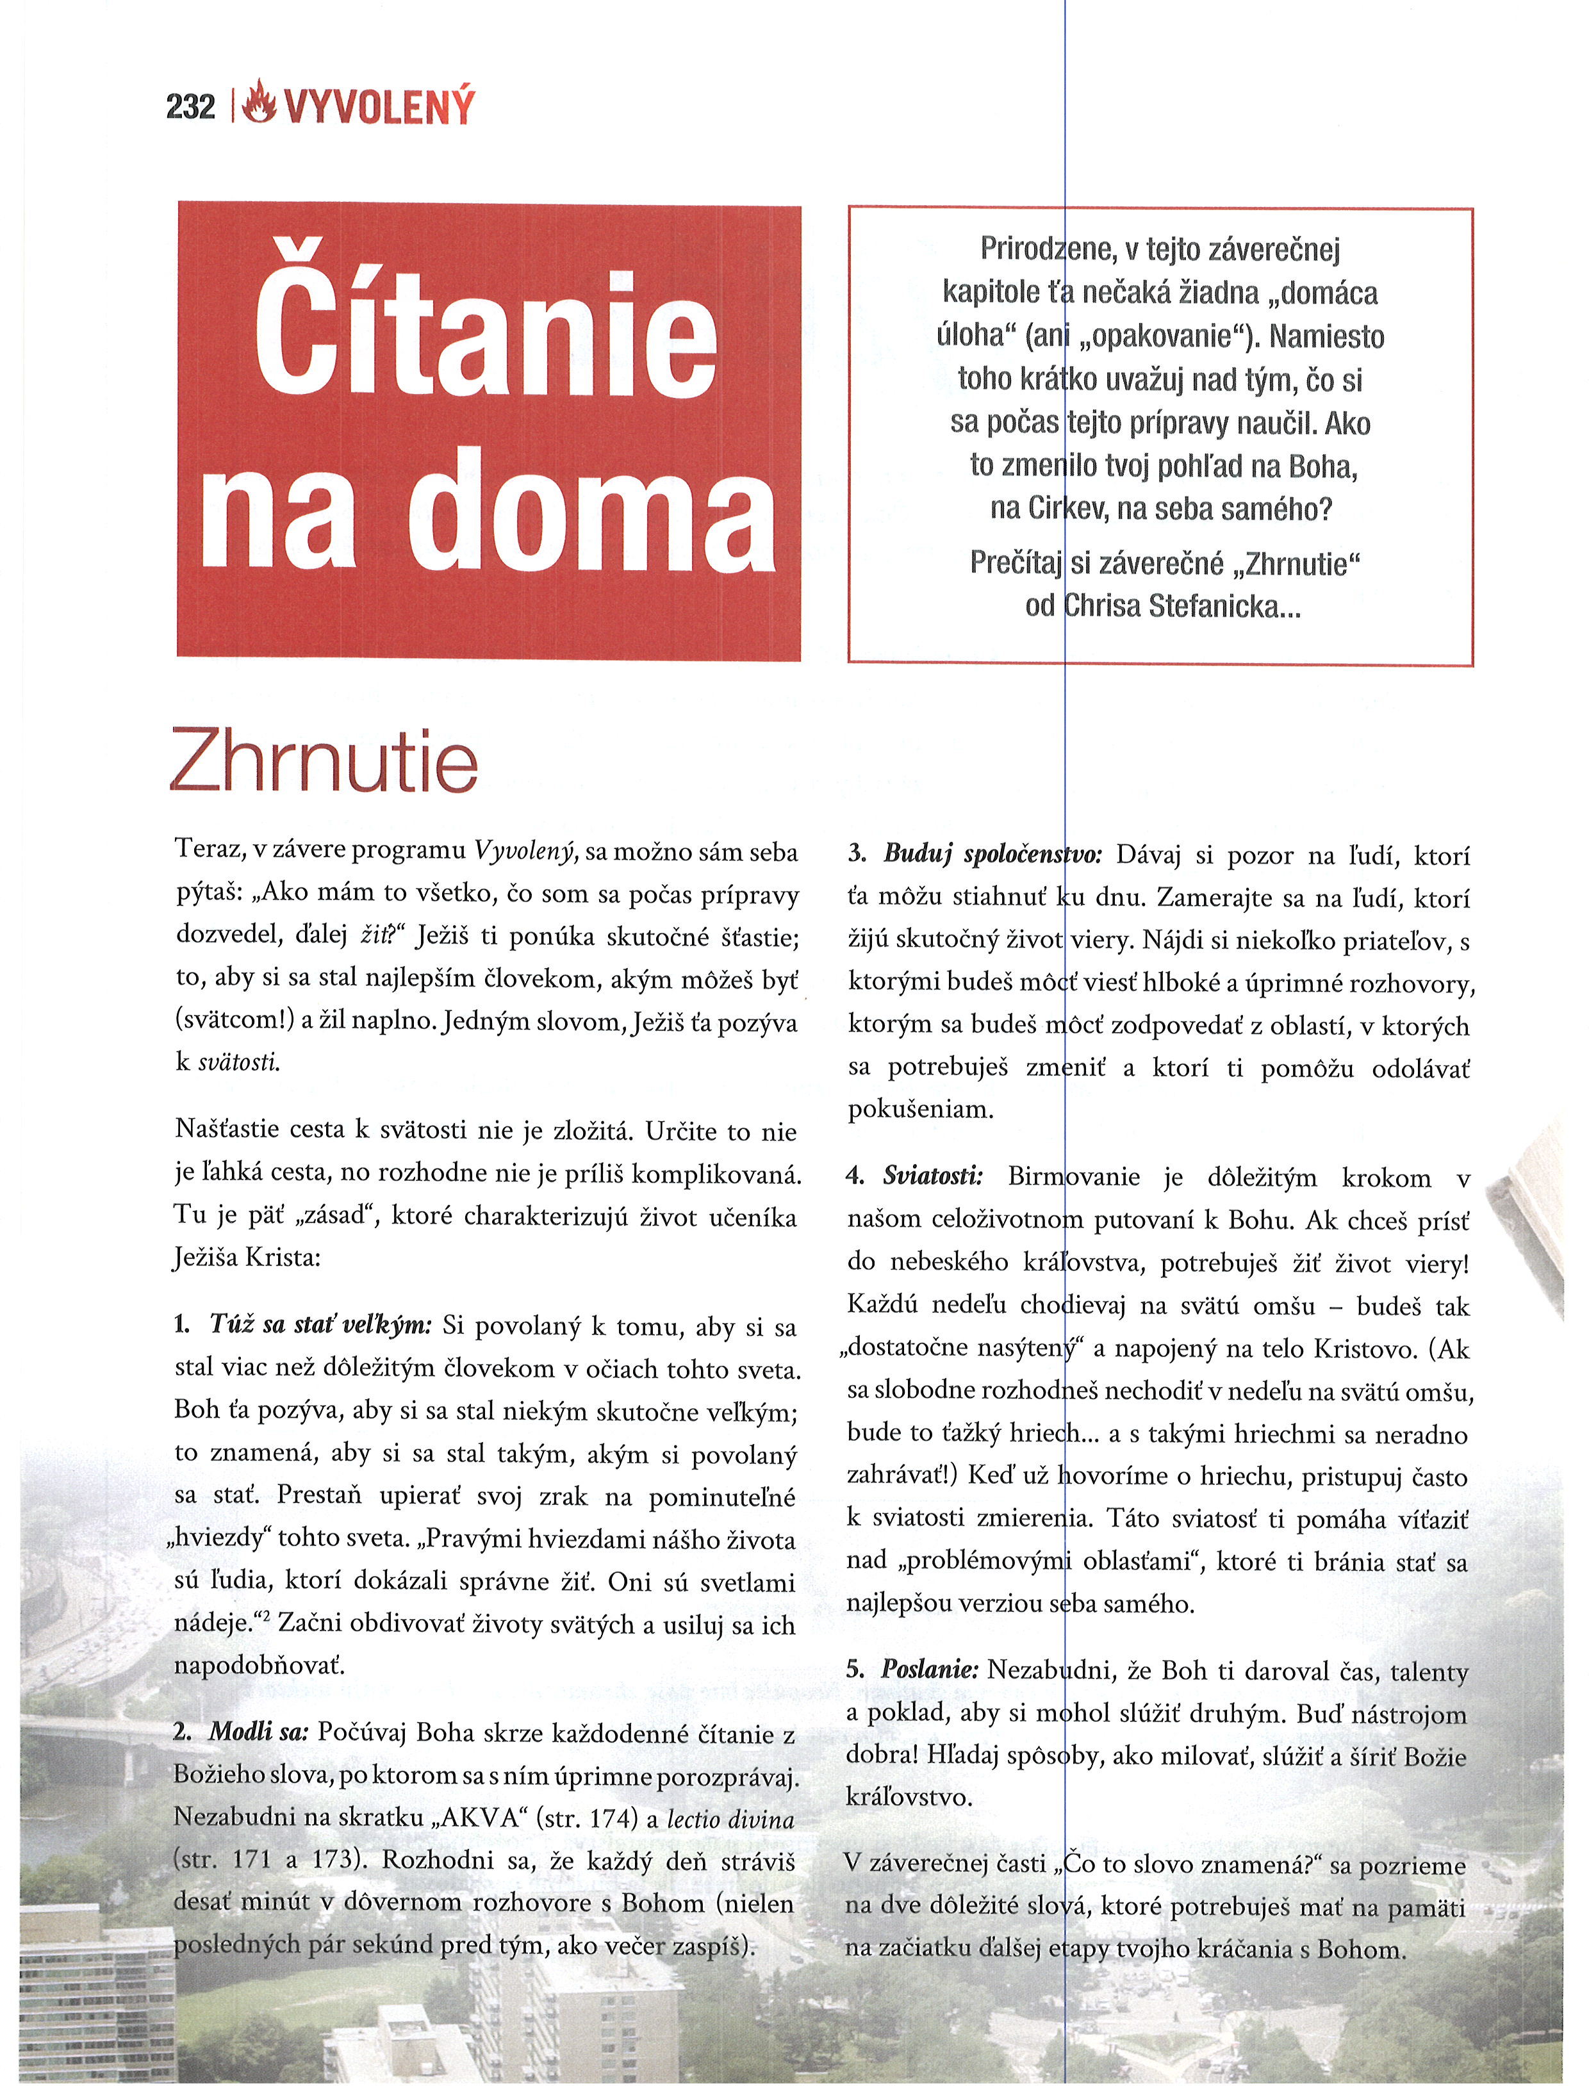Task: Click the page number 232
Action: [x=190, y=107]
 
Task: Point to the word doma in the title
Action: [x=592, y=512]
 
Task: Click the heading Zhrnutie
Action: [x=324, y=762]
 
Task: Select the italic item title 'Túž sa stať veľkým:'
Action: [x=320, y=1325]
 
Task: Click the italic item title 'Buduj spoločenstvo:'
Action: [x=992, y=854]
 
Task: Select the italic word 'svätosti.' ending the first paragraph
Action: [x=238, y=1063]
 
